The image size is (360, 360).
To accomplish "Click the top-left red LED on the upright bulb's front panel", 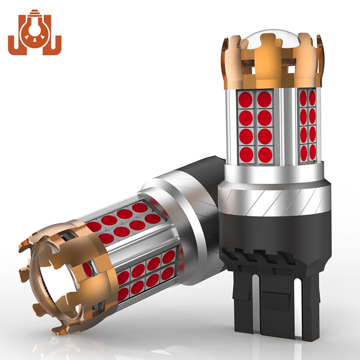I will tap(246, 100).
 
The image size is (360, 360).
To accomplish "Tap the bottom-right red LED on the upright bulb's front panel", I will tap(265, 154).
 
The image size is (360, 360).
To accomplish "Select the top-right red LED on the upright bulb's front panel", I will tap(265, 100).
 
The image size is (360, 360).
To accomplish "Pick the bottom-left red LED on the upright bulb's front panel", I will tap(246, 154).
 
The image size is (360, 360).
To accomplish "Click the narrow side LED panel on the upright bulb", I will tap(308, 126).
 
